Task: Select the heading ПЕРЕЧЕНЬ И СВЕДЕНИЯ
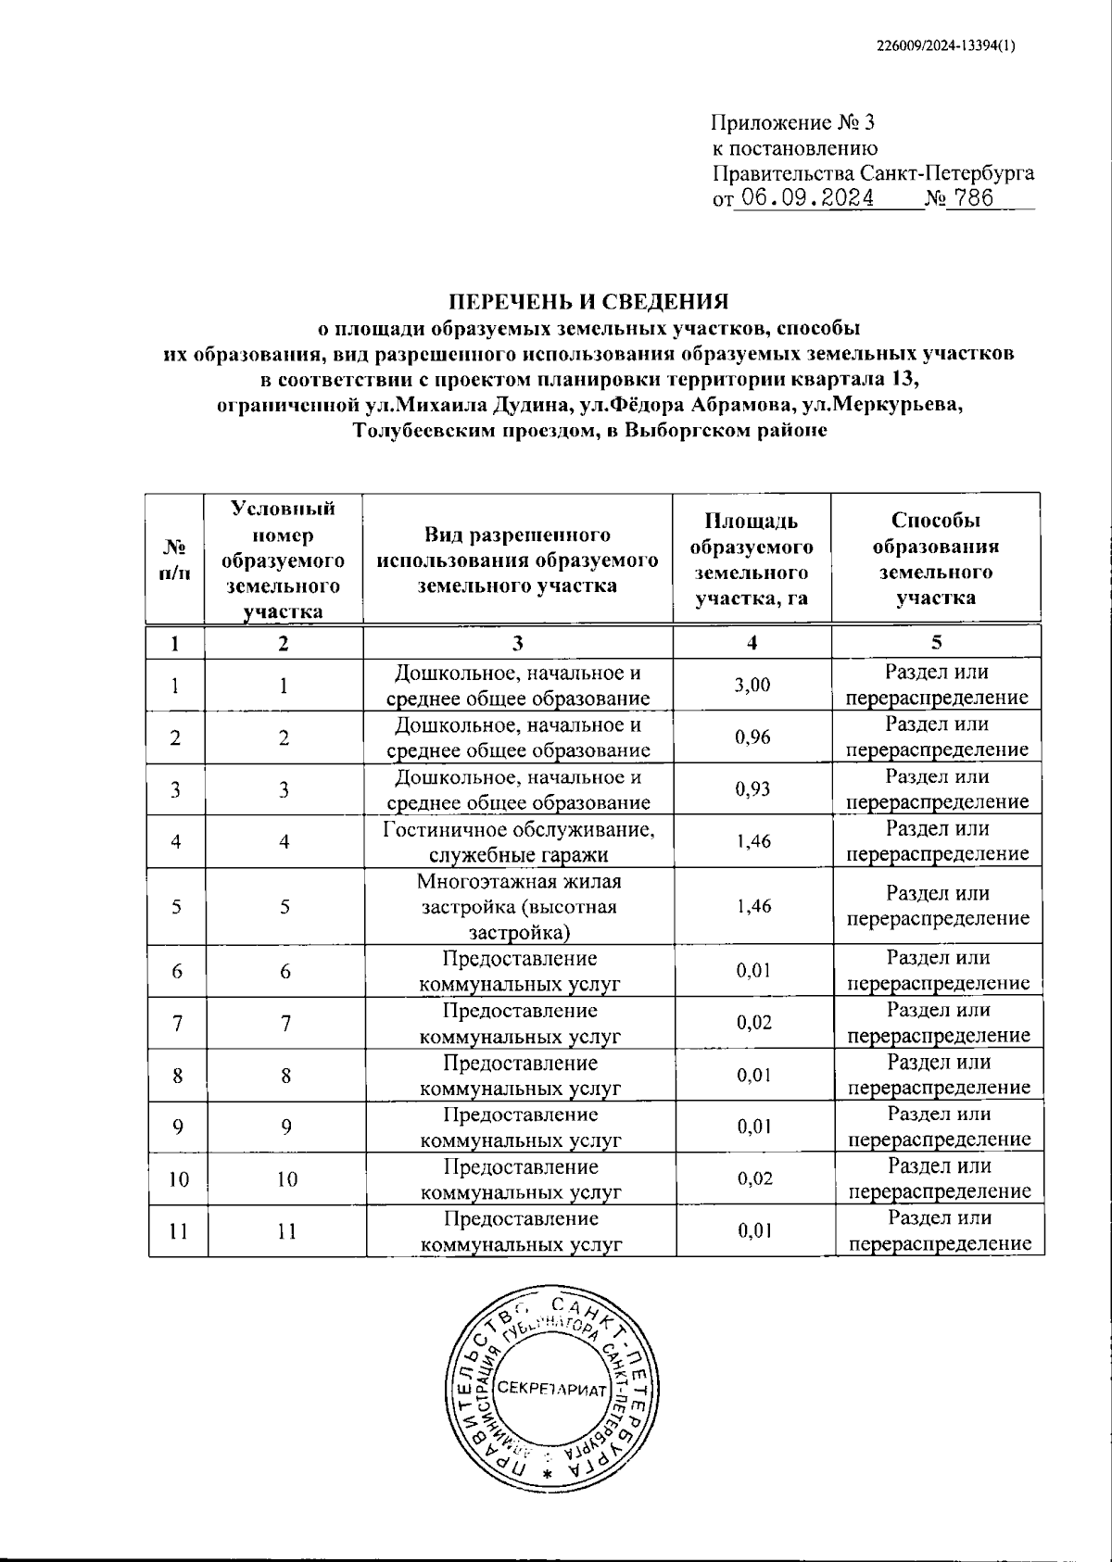[589, 302]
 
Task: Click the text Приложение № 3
[792, 122]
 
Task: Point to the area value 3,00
[752, 686]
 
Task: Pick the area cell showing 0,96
[752, 737]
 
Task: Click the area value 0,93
[752, 789]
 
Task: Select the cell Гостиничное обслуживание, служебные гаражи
[518, 841]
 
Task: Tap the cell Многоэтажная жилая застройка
[518, 906]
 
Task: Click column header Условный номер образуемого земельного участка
[284, 560]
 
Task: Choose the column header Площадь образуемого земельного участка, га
[752, 560]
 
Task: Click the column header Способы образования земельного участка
[936, 560]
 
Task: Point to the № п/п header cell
[175, 560]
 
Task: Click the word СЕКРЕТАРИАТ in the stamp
[550, 1392]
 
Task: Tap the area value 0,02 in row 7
[753, 1023]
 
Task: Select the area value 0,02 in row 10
[753, 1178]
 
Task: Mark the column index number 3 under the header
[518, 642]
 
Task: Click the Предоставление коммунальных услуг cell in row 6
[519, 971]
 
